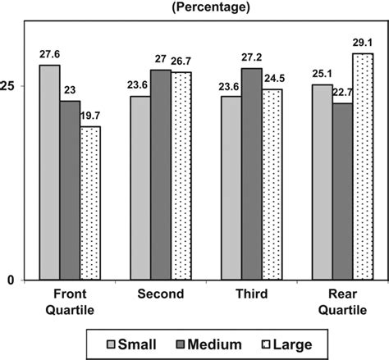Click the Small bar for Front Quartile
pos(49,172)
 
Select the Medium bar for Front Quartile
pos(70,190)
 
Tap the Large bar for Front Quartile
pos(90,203)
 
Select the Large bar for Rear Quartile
pos(364,166)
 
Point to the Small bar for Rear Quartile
pos(323,182)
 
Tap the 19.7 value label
pos(90,116)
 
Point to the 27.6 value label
pos(49,54)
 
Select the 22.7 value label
pos(343,93)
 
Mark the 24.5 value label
pos(272,80)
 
